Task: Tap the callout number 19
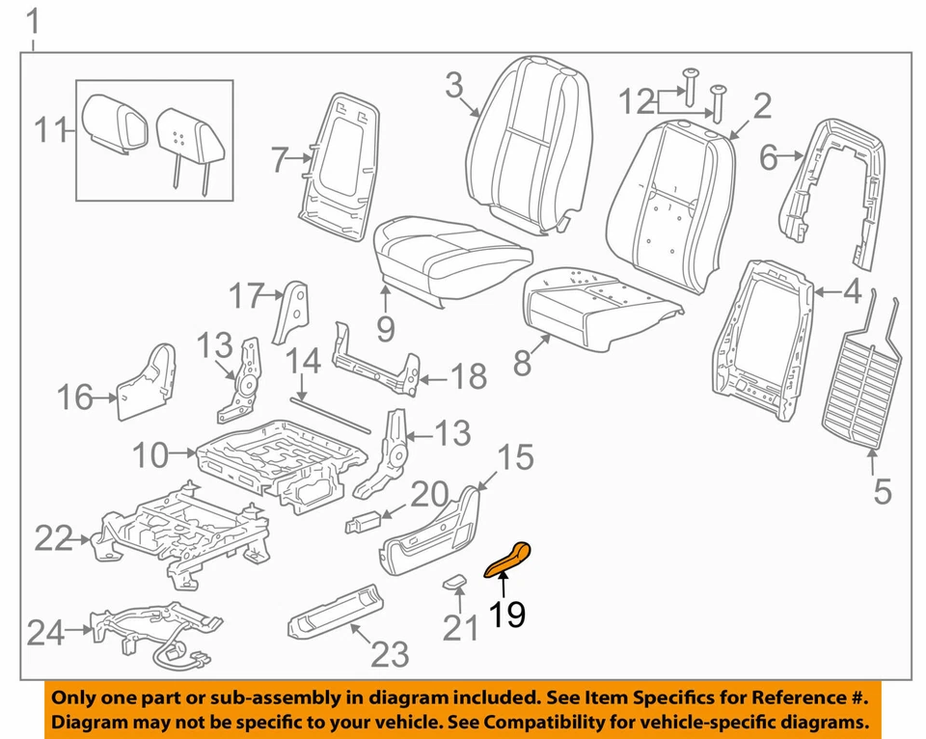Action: tap(506, 614)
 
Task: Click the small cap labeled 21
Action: tap(453, 581)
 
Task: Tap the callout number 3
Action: tap(454, 87)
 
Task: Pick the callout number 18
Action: tap(469, 376)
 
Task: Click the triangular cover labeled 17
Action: tap(289, 312)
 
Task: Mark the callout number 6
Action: tap(768, 156)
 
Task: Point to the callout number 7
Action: tap(280, 159)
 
